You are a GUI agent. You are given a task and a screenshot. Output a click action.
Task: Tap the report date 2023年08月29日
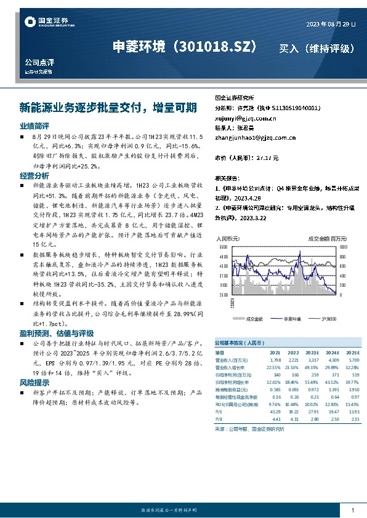point(331,25)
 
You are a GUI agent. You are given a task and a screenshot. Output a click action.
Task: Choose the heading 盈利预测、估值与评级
point(52,333)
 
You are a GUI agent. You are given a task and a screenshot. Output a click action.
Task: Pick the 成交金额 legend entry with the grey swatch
point(251,319)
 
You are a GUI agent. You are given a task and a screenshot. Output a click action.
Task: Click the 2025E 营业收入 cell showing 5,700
point(353,359)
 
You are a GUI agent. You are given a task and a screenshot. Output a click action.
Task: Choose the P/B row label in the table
point(218,419)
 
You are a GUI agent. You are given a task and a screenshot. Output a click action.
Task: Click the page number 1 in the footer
point(352,511)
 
